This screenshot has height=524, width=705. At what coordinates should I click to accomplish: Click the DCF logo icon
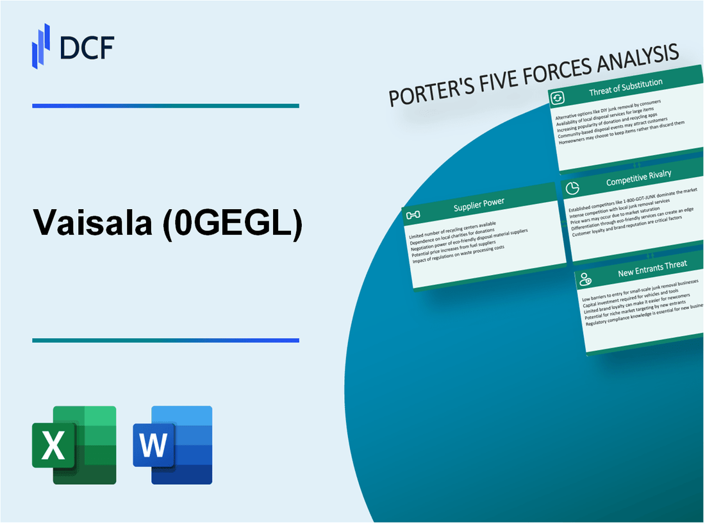pos(41,46)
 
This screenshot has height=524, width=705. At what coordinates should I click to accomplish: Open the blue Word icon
pos(173,444)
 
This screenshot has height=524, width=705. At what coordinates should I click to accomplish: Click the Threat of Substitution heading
pos(626,88)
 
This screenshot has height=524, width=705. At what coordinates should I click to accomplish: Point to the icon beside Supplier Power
pos(413,214)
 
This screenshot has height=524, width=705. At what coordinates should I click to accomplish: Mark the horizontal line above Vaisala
pos(165,106)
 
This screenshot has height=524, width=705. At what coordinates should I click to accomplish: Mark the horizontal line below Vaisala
pos(165,341)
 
